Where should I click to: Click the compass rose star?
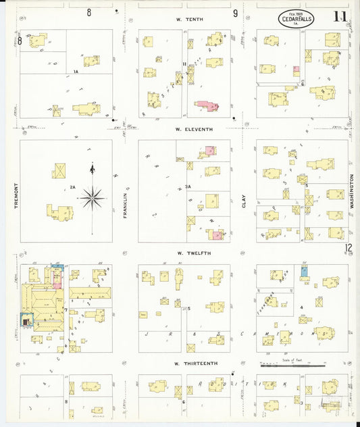point(93,198)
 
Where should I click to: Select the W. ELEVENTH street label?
point(194,129)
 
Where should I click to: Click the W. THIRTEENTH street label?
point(196,363)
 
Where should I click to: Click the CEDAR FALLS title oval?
point(295,19)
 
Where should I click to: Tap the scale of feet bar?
point(291,366)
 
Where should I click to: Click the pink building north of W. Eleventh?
point(207,106)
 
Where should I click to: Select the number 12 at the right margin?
point(349,248)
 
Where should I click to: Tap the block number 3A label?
point(188,186)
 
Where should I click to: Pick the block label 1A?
point(76,71)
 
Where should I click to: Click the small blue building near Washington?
point(304,271)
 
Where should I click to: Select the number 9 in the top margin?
point(236,13)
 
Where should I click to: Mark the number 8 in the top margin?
point(89,13)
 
